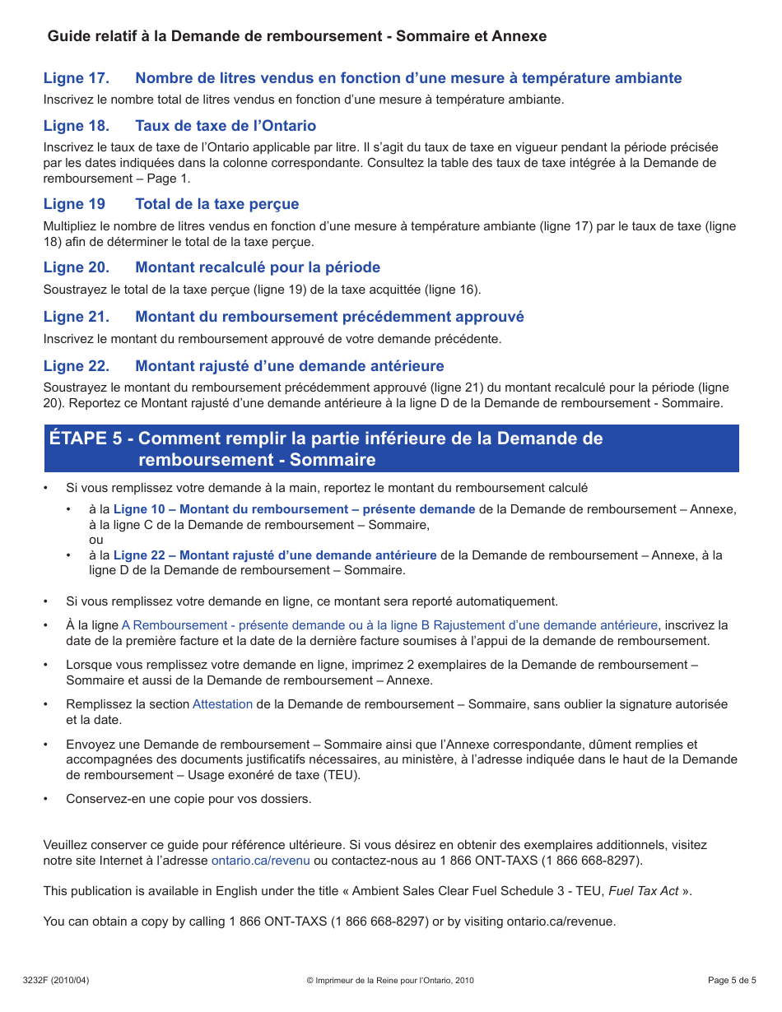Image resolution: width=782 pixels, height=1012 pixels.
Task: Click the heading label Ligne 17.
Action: [x=76, y=78]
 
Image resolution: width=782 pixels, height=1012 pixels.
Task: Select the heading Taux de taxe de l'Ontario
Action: [x=226, y=126]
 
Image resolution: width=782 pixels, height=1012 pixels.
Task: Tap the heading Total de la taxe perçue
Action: [x=217, y=204]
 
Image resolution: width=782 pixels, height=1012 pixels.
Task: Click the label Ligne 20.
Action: [x=76, y=267]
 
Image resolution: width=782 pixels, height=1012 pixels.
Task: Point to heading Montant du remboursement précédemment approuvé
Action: [x=329, y=317]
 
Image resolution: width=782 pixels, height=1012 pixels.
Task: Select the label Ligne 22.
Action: [x=76, y=366]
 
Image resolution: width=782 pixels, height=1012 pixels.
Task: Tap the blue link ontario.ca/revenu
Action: [x=260, y=861]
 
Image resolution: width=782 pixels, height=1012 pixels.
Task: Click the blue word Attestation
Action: [x=222, y=704]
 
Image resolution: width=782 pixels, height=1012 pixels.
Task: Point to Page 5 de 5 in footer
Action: [x=732, y=980]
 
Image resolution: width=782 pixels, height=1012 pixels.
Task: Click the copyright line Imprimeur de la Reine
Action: [x=390, y=980]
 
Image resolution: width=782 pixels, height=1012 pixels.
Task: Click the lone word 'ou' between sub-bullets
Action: [x=96, y=540]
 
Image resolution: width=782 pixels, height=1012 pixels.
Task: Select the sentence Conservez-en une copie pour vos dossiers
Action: [x=189, y=799]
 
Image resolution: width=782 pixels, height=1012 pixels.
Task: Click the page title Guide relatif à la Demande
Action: [x=297, y=36]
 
